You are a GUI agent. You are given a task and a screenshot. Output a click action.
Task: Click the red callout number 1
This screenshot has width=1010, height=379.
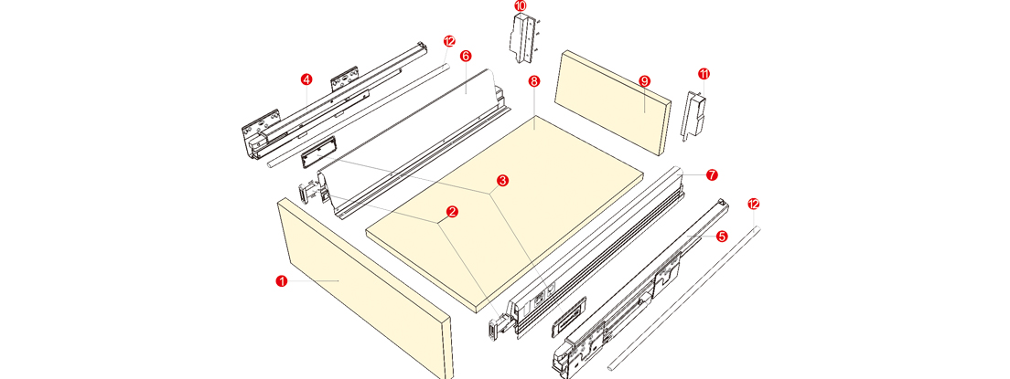[x=281, y=281]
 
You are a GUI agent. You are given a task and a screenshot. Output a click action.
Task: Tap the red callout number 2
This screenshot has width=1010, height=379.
[x=452, y=211]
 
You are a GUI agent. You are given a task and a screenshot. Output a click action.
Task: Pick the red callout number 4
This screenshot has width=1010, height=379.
[x=306, y=79]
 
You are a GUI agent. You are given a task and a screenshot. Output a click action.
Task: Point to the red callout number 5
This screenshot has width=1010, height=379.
[x=722, y=237]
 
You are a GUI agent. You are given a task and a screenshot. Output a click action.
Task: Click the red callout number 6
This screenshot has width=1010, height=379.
[x=466, y=56]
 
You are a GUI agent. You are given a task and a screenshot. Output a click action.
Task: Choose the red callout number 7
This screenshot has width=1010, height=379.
[x=711, y=174]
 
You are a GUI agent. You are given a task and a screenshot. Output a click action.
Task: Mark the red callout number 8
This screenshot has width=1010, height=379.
[x=533, y=81]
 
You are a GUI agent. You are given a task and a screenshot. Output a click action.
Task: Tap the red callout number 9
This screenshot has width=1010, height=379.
[x=644, y=80]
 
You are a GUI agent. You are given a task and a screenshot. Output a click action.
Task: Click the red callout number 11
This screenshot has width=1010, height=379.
[x=704, y=74]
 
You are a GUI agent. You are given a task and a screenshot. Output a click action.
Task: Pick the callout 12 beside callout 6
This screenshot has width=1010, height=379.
[x=449, y=41]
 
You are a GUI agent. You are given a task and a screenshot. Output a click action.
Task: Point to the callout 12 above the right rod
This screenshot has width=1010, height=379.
[x=754, y=204]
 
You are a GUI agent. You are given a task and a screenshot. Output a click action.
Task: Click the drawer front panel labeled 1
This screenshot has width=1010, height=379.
[x=364, y=288]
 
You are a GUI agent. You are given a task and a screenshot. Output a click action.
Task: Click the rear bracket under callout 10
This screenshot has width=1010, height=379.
[x=523, y=38]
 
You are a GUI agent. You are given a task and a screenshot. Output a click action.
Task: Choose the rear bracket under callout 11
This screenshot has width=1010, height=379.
[x=693, y=114]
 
